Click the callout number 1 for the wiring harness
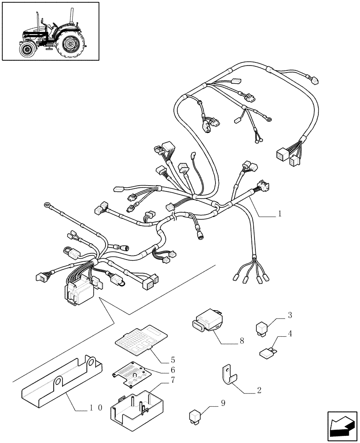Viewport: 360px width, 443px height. [280, 214]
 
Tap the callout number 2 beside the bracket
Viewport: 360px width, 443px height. [259, 390]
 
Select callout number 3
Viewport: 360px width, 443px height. [290, 315]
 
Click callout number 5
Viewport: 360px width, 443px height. [173, 359]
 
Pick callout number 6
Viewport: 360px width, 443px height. [173, 370]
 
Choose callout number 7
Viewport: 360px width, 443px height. [173, 380]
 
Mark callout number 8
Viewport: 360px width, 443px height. [242, 341]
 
